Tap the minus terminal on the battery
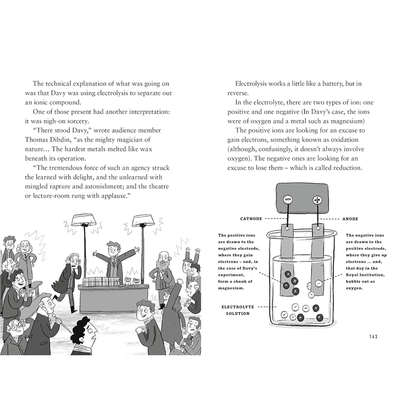coord(288,199)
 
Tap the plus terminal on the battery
coord(318,200)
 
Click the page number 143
coord(373,336)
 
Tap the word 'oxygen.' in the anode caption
coord(358,282)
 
